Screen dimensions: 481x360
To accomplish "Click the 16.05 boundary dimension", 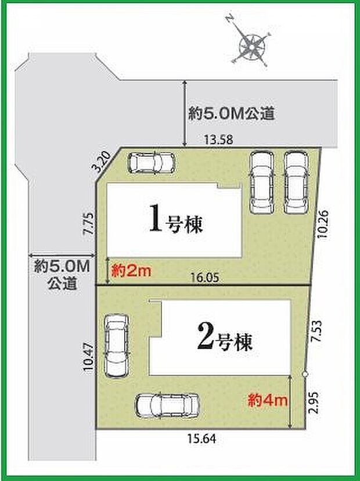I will tap(206, 278).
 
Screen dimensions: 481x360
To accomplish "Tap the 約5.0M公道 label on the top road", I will tap(231, 114).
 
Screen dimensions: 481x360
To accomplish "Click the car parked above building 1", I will tap(150, 163).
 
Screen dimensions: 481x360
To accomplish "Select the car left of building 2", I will tap(115, 345).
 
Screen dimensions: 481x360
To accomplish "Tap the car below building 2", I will tap(166, 405).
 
